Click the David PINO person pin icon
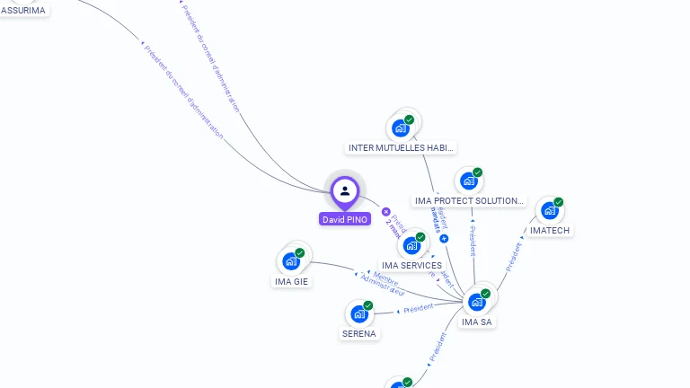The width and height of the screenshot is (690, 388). click(x=345, y=190)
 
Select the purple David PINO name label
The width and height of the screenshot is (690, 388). click(x=345, y=219)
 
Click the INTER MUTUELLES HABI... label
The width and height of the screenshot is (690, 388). click(x=401, y=147)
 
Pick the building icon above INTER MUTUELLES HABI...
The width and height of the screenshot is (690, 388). click(x=401, y=128)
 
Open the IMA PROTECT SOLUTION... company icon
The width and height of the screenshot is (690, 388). click(x=468, y=181)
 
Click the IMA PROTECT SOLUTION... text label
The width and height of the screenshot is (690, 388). click(x=469, y=200)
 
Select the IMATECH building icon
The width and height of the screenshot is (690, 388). click(x=549, y=211)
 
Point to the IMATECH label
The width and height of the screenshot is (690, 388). click(x=550, y=230)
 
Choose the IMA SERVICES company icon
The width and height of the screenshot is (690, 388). click(x=411, y=245)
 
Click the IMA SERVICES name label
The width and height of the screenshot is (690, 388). click(x=411, y=265)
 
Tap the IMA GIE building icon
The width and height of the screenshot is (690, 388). click(x=291, y=261)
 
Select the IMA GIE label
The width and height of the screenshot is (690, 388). click(x=291, y=281)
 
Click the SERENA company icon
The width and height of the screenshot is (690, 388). click(x=359, y=314)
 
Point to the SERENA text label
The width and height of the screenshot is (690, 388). click(x=359, y=333)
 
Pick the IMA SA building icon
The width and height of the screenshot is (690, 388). click(x=476, y=302)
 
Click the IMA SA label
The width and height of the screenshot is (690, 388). click(x=476, y=322)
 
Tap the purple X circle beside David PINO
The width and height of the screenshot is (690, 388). click(x=386, y=212)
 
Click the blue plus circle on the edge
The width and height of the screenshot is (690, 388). click(x=444, y=238)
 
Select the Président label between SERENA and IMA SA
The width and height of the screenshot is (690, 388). click(x=418, y=308)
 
